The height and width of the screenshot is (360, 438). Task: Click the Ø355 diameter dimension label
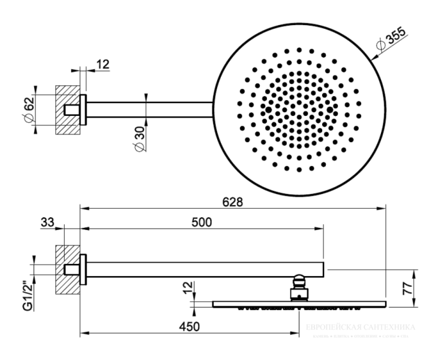(x=391, y=40)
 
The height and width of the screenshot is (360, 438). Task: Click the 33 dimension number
(x=48, y=223)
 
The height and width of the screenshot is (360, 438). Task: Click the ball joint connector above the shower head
(x=299, y=287)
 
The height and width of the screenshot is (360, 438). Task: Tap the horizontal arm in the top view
(x=150, y=110)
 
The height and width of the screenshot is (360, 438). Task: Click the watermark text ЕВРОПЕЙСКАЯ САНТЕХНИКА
(x=360, y=328)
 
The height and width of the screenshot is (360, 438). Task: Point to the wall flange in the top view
(x=83, y=110)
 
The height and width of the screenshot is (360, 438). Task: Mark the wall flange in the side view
(x=83, y=269)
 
